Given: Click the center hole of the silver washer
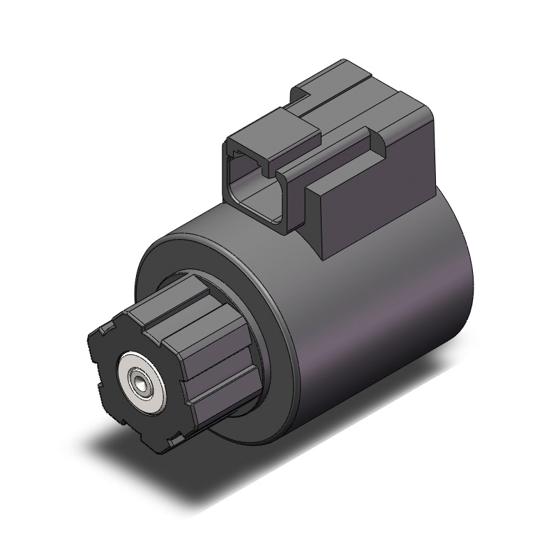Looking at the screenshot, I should coord(142,385).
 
